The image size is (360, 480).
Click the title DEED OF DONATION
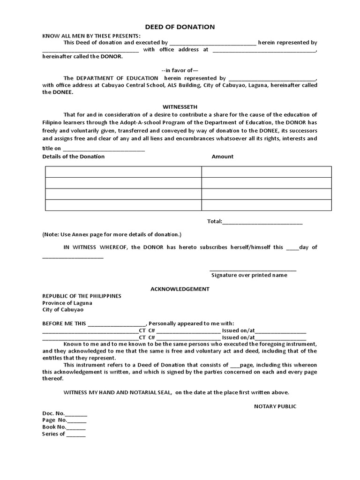(x=180, y=27)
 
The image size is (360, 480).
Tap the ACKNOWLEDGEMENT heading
(x=180, y=289)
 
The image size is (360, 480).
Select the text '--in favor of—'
(x=180, y=70)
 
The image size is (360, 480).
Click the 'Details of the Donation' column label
(x=74, y=157)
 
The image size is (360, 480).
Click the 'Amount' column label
(x=222, y=157)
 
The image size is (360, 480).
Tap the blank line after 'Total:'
(x=262, y=222)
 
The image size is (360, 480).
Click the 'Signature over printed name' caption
(x=249, y=275)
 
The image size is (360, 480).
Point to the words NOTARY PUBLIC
(x=275, y=406)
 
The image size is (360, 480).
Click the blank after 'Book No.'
(x=76, y=427)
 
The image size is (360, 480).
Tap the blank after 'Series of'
(x=76, y=434)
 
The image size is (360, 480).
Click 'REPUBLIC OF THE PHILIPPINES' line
(x=82, y=296)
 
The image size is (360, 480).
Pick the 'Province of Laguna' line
(x=67, y=303)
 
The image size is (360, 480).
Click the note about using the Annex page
(x=112, y=234)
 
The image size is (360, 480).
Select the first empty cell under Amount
(x=266, y=172)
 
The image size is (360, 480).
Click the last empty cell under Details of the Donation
(x=123, y=205)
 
